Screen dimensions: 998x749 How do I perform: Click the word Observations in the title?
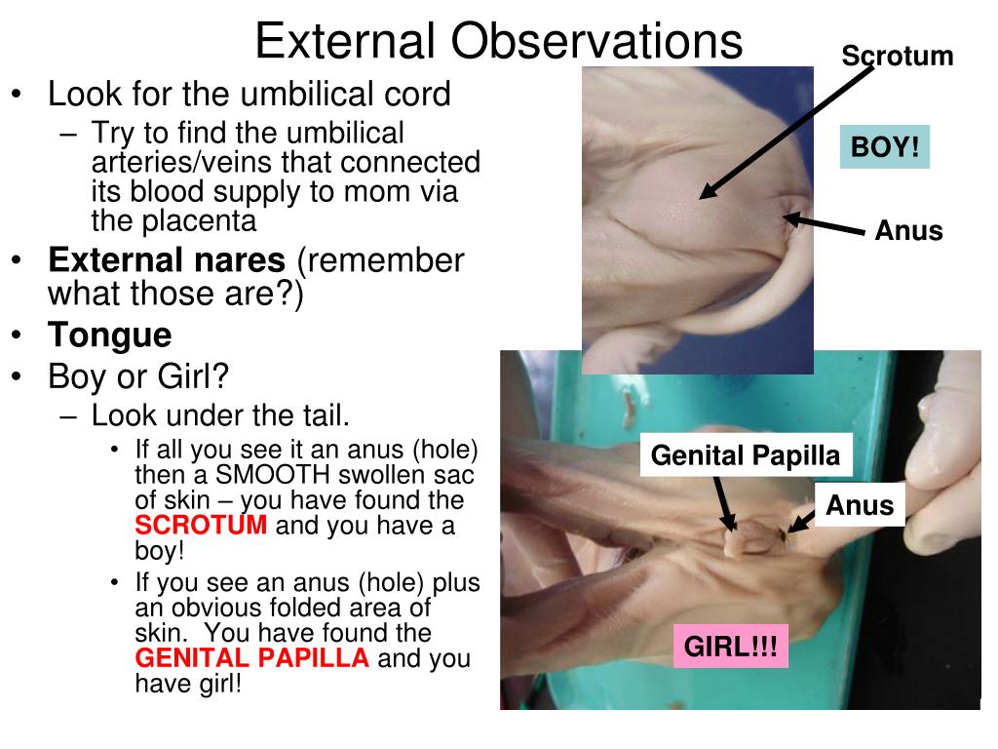coord(596,41)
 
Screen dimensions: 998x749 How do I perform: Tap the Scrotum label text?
coord(898,56)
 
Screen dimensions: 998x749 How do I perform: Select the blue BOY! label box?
coord(885,147)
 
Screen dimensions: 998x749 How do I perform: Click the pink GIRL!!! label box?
coord(731,647)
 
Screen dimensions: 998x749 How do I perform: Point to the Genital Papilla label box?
coord(746,455)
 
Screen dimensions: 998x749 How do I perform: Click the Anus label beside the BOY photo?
coord(908,230)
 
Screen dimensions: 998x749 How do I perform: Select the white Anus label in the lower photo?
coord(860,505)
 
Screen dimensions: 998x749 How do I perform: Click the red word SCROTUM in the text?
coord(201,526)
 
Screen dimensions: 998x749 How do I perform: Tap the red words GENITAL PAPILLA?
coord(252,658)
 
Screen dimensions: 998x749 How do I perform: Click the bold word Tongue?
coord(109,335)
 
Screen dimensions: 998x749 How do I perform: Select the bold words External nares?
coord(167,259)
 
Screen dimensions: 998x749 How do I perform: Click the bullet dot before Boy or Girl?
coord(18,377)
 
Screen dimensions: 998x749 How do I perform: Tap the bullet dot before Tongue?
coord(18,335)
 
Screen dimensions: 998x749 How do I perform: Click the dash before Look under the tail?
coord(68,417)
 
